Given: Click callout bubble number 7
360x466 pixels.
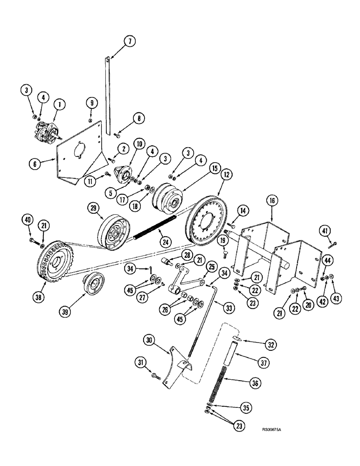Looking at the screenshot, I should click(130, 41).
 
